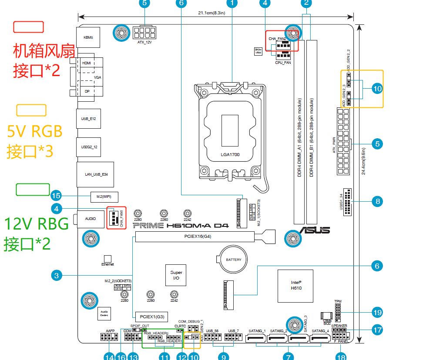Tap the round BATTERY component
pyautogui.click(x=233, y=260)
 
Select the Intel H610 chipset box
pyautogui.click(x=296, y=285)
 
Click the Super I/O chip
pyautogui.click(x=176, y=275)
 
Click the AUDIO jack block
pyautogui.click(x=91, y=219)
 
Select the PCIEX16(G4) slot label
pyautogui.click(x=195, y=237)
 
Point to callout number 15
pyautogui.click(x=56, y=195)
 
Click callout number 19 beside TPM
pyautogui.click(x=377, y=312)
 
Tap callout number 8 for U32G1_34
pyautogui.click(x=377, y=201)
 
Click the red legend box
pyautogui.click(x=29, y=27)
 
